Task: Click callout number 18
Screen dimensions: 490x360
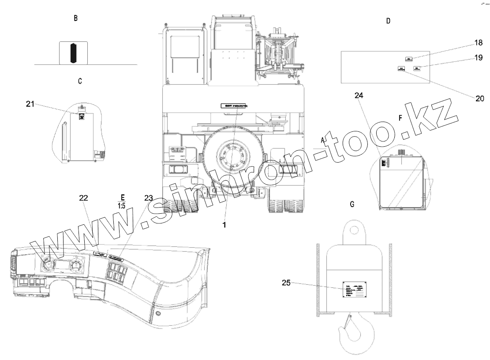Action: coord(479,43)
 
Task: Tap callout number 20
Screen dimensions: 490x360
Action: coord(479,98)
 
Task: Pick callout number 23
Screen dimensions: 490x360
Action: coord(149,198)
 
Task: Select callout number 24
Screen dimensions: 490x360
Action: coord(358,95)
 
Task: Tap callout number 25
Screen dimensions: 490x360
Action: coord(285,283)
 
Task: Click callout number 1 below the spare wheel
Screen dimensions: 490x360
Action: coord(224,224)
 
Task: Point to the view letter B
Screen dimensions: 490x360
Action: coord(76,19)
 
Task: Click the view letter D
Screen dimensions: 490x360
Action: coord(388,21)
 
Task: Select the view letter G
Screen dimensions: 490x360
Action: coord(352,204)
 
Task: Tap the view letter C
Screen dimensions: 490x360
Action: coord(79,81)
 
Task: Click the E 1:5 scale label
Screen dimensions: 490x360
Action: coord(121,201)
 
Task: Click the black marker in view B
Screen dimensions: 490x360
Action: coord(73,53)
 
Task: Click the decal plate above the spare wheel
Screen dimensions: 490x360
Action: coord(234,107)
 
